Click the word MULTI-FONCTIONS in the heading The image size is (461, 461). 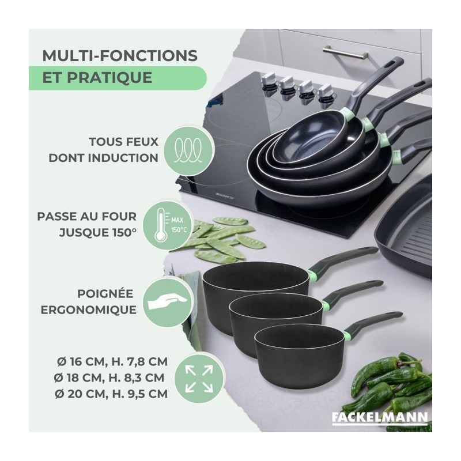pos(120,55)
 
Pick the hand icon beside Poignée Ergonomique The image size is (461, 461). pos(167,303)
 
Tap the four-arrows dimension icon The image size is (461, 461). pos(199,379)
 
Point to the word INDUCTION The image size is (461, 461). pos(123,158)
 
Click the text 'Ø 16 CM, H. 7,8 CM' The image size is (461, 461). pos(112,362)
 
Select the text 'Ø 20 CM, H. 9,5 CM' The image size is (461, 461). pos(111,394)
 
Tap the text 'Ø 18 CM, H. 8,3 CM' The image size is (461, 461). pos(109,378)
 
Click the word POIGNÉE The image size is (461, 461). pos(105,294)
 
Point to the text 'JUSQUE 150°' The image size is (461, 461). pos(98,233)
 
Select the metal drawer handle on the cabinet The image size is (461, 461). pos(345,51)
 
